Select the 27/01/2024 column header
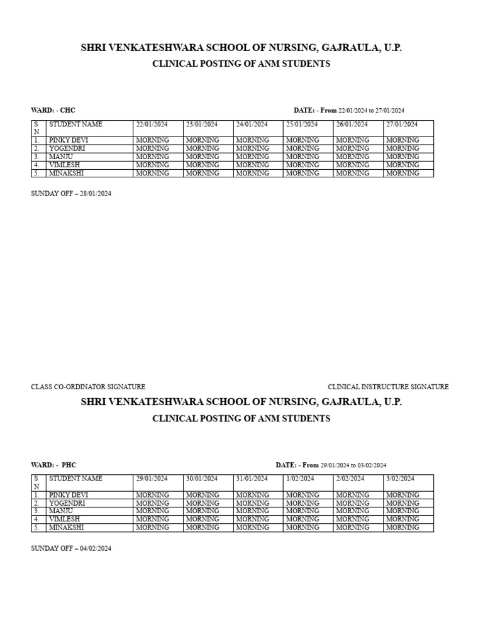click(x=402, y=125)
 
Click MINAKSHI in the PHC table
click(x=67, y=528)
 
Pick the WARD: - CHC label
click(x=53, y=110)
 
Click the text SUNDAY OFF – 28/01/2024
click(x=71, y=194)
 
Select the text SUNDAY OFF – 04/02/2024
click(x=71, y=548)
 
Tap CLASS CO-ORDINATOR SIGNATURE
click(x=88, y=387)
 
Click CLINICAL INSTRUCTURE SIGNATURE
click(x=388, y=387)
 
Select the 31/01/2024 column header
click(x=252, y=479)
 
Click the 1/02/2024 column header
click(x=300, y=479)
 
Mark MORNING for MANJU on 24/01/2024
click(x=252, y=157)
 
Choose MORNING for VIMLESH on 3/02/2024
click(x=402, y=519)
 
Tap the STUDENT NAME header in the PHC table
click(x=75, y=479)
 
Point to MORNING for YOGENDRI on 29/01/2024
click(x=152, y=503)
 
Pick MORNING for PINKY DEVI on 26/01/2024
click(x=352, y=140)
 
